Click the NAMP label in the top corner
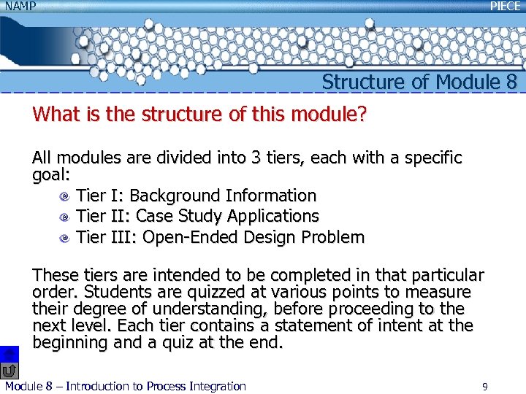coord(19,7)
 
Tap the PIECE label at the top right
coord(506,6)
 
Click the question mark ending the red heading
coord(362,115)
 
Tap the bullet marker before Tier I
coord(65,196)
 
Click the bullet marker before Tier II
coord(65,217)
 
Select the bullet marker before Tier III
coord(65,237)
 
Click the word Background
coord(175,196)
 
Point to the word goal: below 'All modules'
coord(51,175)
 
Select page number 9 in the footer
coord(484,386)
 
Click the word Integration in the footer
coord(216,386)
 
